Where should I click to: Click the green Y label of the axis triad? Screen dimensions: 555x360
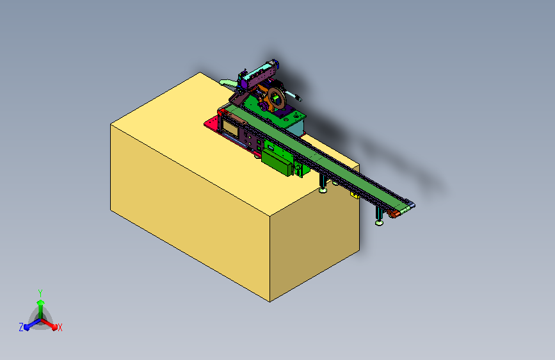40,293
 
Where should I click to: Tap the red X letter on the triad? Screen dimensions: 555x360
60,327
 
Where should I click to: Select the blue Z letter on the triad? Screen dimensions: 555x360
21,327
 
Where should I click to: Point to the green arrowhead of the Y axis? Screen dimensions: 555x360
41,302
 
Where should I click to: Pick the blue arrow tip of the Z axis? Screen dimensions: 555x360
26,327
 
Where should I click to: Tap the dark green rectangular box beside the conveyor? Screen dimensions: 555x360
277,162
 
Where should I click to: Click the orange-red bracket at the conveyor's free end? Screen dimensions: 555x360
393,214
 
